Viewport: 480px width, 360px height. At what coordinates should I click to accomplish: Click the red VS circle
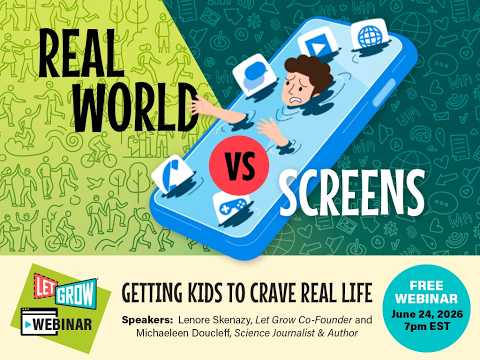click(239, 165)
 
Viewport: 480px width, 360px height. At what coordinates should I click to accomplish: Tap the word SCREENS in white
click(352, 192)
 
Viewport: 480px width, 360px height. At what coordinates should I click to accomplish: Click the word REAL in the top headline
click(82, 53)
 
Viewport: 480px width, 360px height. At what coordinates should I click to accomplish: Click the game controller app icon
click(232, 207)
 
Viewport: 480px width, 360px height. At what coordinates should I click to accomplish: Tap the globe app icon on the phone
click(370, 35)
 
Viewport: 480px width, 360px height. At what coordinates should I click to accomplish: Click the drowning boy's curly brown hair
click(309, 71)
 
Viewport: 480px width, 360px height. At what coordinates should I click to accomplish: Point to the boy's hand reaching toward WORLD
click(202, 106)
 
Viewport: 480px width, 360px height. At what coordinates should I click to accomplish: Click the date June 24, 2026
click(427, 314)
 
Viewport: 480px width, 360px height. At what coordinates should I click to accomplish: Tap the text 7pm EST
click(427, 326)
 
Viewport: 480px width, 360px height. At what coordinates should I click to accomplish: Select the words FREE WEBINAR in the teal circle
click(427, 292)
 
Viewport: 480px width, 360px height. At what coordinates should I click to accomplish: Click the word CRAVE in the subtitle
click(272, 292)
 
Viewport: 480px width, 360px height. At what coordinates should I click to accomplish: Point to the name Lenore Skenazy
click(214, 320)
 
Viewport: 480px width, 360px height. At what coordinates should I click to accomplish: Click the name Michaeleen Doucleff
click(183, 333)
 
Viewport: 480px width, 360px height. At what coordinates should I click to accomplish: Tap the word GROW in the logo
click(75, 293)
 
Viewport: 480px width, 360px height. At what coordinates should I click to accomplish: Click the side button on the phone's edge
click(384, 93)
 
